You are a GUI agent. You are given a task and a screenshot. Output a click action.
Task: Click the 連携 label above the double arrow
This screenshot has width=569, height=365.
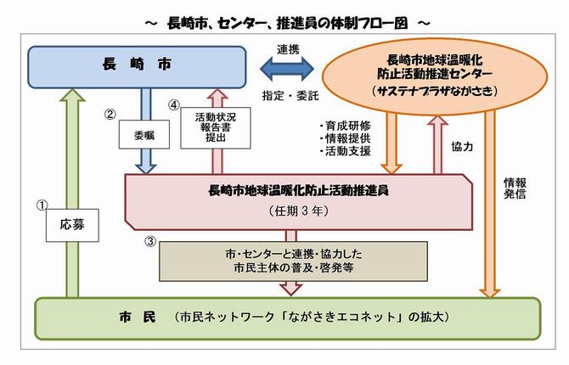(286, 48)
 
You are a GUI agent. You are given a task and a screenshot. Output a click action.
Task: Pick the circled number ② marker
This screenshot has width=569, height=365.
(110, 111)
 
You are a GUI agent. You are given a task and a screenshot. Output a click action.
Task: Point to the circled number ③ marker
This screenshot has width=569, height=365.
(149, 241)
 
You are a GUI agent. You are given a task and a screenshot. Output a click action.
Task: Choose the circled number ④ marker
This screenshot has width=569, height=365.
(175, 107)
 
